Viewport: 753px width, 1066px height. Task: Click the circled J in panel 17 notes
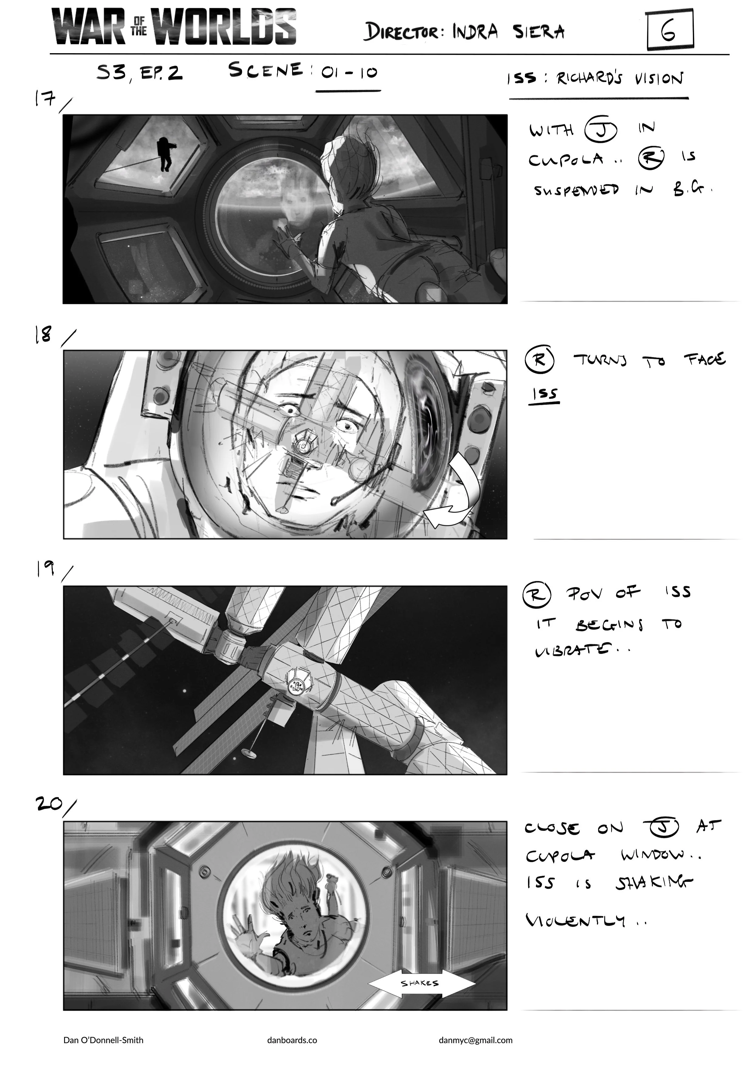tap(600, 130)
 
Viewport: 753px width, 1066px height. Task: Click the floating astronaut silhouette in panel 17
tap(165, 155)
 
